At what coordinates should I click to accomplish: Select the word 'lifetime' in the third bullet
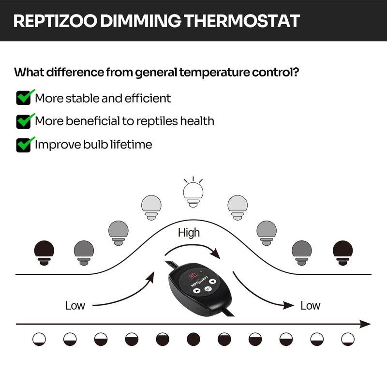(132, 144)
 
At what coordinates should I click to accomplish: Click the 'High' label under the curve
(189, 233)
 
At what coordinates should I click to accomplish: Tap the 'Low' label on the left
(75, 305)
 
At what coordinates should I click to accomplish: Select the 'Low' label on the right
(310, 305)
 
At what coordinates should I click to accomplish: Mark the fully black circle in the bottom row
(193, 339)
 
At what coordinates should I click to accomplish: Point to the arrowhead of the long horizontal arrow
(366, 324)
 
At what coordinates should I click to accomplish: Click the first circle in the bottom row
(39, 339)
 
